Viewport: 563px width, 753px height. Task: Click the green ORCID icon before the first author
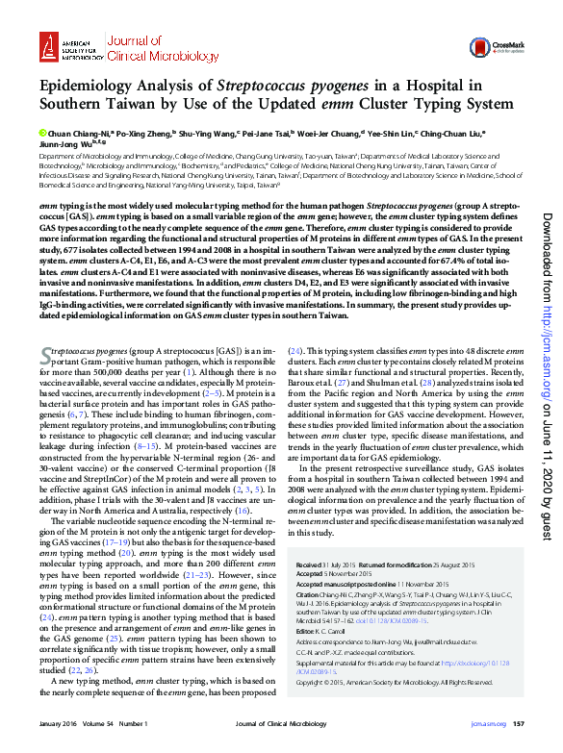tap(42, 134)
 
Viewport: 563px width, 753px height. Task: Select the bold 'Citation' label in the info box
tap(311, 595)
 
